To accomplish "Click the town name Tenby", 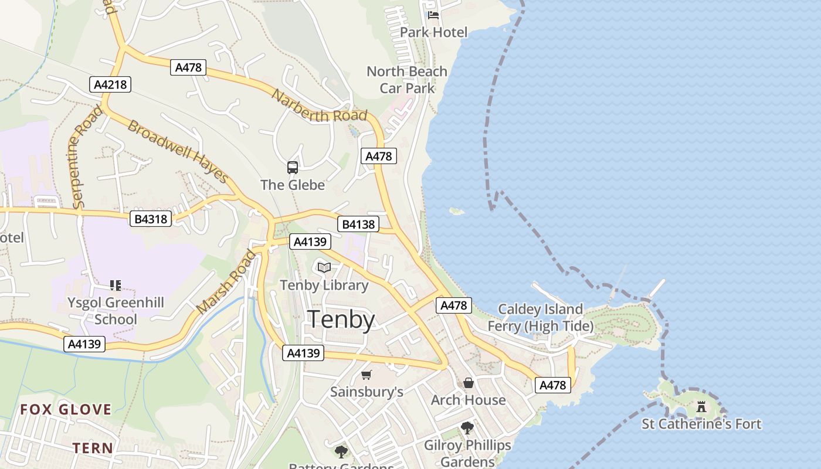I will [x=341, y=320].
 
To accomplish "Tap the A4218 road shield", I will [x=110, y=84].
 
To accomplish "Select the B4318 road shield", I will [x=151, y=219].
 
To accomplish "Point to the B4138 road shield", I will [x=358, y=224].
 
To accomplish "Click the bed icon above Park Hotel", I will [x=433, y=15].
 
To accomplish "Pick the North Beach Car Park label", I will [x=407, y=80].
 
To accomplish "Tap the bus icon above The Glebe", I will [x=293, y=168].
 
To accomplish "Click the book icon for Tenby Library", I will [x=324, y=268].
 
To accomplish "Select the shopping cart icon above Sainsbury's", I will [x=367, y=375].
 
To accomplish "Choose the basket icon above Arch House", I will [x=469, y=383].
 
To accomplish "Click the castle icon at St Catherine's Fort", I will [x=701, y=406].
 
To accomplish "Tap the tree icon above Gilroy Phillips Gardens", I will [x=467, y=428].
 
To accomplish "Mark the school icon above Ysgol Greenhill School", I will [x=116, y=286].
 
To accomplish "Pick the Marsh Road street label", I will [x=228, y=281].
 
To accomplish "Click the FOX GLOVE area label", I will [x=66, y=409].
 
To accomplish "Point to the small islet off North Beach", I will [x=456, y=211].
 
